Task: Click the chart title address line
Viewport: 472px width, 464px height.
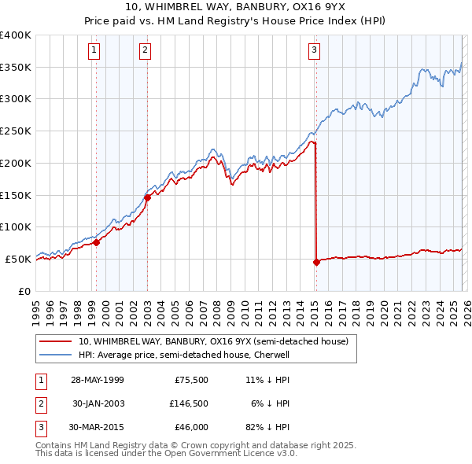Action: click(235, 7)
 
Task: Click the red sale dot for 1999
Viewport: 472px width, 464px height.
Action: click(97, 242)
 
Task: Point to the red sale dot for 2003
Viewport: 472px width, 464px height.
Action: click(147, 197)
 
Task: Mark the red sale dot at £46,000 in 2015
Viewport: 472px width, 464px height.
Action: click(316, 262)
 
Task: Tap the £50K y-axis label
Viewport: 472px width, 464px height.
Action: click(19, 259)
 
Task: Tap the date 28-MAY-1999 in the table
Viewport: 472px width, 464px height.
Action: click(97, 379)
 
